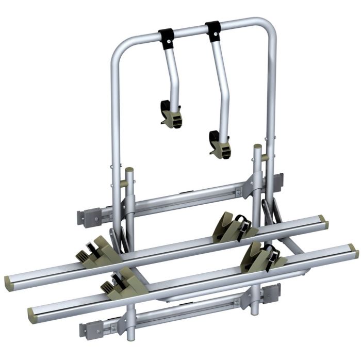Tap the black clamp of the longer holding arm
click(212, 31)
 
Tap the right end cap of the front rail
click(353, 251)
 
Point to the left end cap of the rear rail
click(11, 282)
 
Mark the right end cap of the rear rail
click(323, 222)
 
